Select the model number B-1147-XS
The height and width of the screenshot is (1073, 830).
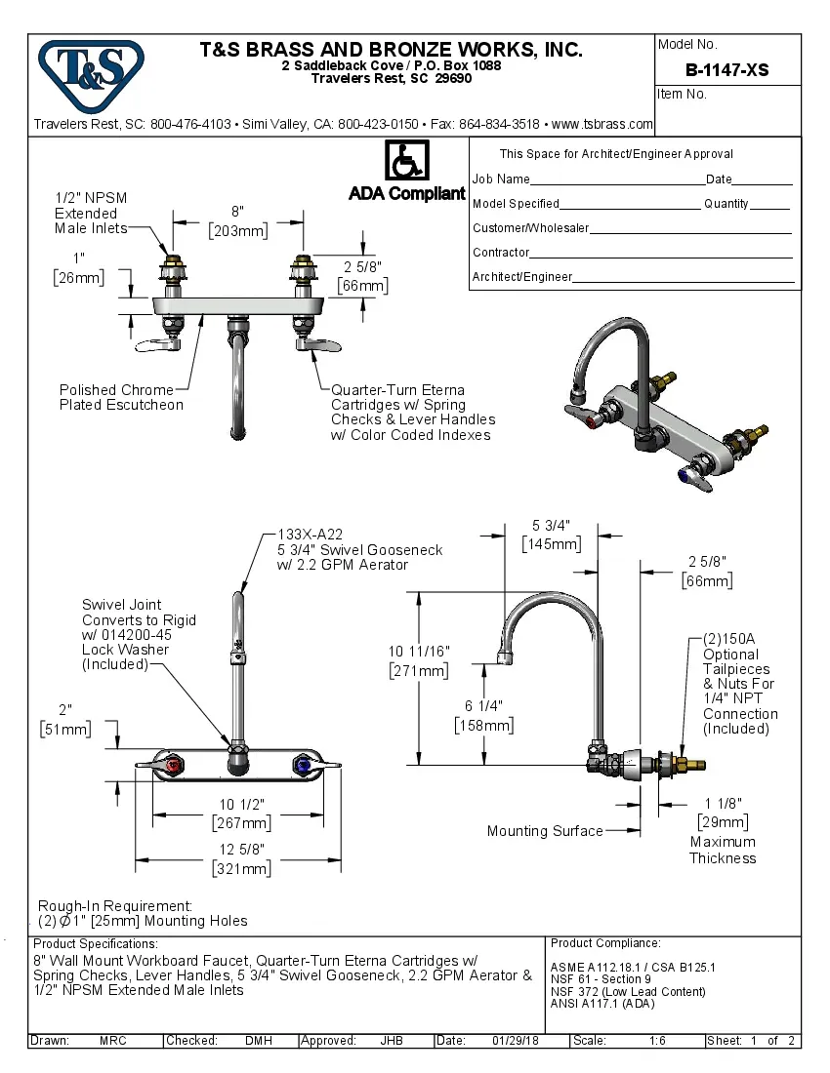pos(726,70)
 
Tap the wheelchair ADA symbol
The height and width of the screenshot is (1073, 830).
pos(405,161)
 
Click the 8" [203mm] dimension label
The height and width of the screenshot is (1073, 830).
pos(237,221)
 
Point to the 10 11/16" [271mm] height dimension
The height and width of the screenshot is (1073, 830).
pos(419,660)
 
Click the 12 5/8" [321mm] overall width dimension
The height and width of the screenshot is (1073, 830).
pos(241,859)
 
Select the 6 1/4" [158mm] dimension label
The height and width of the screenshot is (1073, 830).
pos(483,715)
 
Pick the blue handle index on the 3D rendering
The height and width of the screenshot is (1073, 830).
pos(696,476)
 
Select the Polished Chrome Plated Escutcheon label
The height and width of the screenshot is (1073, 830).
pos(121,397)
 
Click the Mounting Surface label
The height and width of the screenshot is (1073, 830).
pos(545,831)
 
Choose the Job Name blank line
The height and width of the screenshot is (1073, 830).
pos(617,181)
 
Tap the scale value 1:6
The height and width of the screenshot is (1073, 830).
pos(657,1041)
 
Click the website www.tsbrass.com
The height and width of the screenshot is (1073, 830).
pos(602,124)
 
